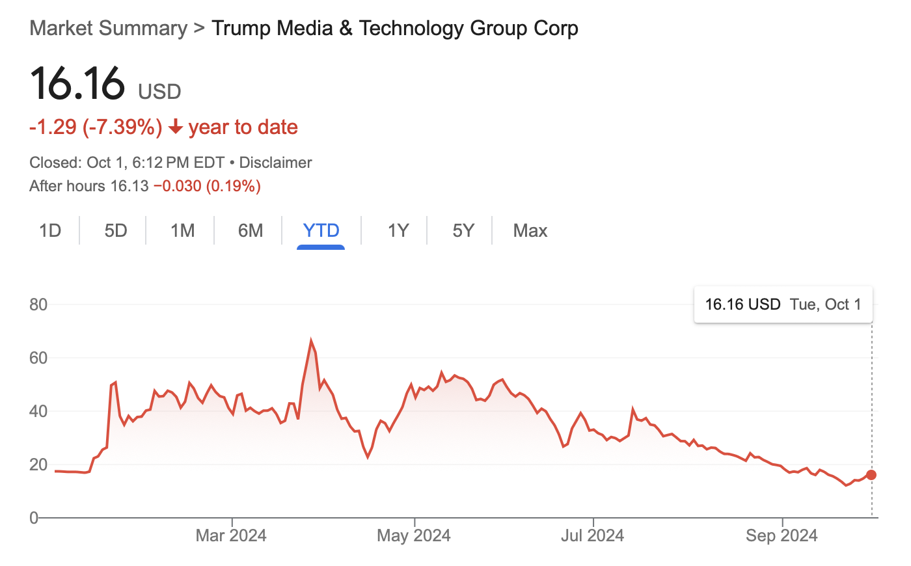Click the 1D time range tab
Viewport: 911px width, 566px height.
50,231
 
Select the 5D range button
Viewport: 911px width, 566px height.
116,231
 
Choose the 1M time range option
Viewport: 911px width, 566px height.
183,231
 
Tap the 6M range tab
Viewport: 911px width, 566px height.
251,231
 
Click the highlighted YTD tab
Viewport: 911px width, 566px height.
321,231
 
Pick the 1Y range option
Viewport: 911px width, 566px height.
398,231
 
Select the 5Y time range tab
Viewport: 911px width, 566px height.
463,231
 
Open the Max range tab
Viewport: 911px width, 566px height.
530,231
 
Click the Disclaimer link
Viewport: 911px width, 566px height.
276,163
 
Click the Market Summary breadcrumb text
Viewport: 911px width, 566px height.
108,29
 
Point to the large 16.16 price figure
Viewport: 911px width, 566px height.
77,84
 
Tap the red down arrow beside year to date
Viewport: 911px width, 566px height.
175,128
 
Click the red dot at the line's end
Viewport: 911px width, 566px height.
871,475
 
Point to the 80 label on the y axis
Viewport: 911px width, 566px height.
38,304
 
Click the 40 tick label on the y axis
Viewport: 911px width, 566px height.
38,411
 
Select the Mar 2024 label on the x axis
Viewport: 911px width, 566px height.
231,535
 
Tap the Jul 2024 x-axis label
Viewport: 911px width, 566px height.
592,535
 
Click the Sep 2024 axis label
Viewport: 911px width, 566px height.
782,535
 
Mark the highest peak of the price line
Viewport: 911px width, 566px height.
311,340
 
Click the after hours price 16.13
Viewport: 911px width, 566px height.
129,187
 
